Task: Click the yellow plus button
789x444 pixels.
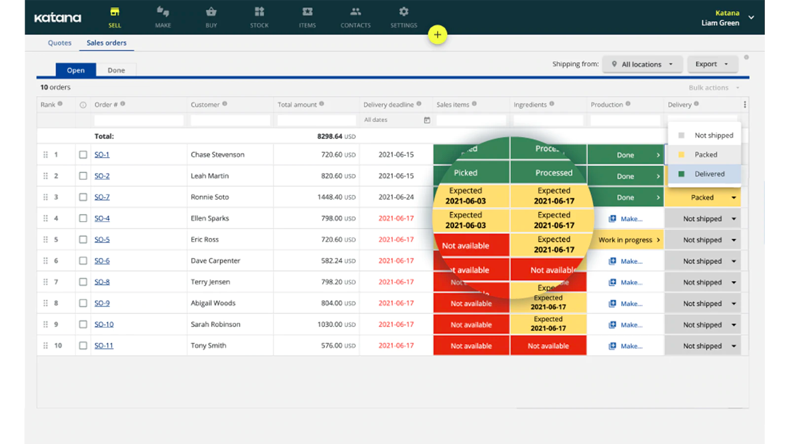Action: click(x=437, y=35)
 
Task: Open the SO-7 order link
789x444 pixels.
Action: click(x=102, y=197)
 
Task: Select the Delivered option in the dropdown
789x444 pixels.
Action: click(x=709, y=174)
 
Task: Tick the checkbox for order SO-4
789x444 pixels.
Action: click(x=83, y=218)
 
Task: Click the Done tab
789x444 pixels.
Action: click(x=116, y=70)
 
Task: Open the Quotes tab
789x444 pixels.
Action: click(x=60, y=43)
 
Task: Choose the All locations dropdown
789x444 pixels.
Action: click(x=642, y=64)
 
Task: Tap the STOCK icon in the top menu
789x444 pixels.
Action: click(x=259, y=17)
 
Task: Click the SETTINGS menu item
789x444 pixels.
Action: click(x=403, y=17)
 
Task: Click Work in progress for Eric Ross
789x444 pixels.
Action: click(x=625, y=240)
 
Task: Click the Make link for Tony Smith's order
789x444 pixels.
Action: click(x=626, y=346)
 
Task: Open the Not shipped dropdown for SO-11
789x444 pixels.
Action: click(x=733, y=346)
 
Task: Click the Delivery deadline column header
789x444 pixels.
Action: click(x=389, y=105)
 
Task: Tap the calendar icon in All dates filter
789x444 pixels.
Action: click(x=427, y=120)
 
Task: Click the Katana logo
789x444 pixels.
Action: click(x=58, y=18)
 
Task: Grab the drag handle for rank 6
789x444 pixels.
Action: click(x=45, y=260)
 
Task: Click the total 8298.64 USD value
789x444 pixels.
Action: click(x=336, y=136)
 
